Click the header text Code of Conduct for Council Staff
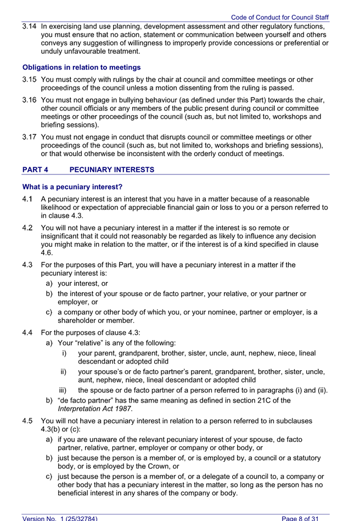(x=280, y=18)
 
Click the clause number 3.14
(x=29, y=26)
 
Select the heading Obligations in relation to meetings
(x=81, y=67)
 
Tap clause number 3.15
(x=29, y=80)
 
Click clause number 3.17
(x=29, y=137)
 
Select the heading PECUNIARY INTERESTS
(x=112, y=170)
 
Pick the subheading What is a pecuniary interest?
(x=72, y=187)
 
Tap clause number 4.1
(x=28, y=199)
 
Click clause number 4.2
(x=28, y=227)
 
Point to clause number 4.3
(x=28, y=265)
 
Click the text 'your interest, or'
(x=82, y=284)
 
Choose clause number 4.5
(x=28, y=421)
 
